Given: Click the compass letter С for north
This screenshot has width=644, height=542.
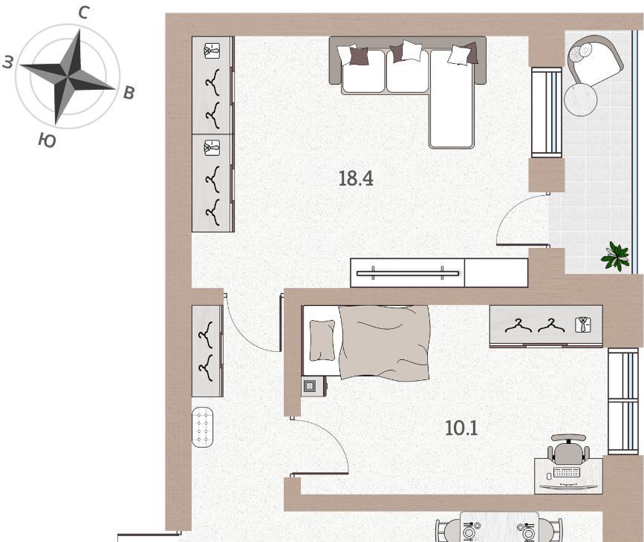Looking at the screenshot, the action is coord(83,13).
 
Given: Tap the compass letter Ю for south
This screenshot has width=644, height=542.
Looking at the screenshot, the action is coord(48,140).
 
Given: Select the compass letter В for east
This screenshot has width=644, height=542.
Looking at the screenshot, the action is coord(129,94).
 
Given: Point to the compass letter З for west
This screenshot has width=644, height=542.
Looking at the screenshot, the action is coord(8,62).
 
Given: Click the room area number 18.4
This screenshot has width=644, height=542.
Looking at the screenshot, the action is coord(356,179).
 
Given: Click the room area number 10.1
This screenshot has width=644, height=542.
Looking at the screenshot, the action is coord(461,428).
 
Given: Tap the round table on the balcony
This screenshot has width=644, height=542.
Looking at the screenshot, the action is coord(581,99).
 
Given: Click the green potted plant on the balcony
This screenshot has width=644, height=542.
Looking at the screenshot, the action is coord(616,256).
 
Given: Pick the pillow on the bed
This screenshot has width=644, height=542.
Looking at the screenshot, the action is coord(322,340).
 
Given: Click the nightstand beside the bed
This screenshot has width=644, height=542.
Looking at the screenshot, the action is coord(313,386).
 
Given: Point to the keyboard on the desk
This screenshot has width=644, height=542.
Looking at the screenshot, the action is coord(567,472).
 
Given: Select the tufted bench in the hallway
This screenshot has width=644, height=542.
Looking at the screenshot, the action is coord(203,427).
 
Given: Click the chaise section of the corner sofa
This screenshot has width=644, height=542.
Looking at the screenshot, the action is coord(452,99).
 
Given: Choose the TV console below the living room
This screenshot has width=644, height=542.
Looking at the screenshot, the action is coord(439,273).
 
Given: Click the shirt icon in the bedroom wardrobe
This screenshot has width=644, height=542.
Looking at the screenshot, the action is coord(582,324).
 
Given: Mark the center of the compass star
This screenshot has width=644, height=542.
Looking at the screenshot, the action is coord(67,76).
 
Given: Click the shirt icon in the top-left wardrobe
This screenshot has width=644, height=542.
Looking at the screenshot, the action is coord(212,50).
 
